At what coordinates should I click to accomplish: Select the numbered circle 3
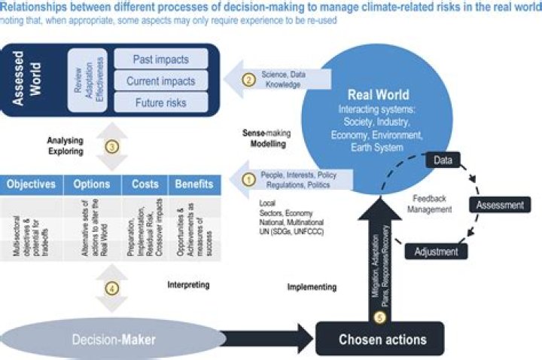click(x=111, y=147)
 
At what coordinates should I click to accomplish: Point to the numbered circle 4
click(x=111, y=288)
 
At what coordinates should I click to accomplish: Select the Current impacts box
click(x=160, y=81)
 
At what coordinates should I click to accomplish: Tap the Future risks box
click(x=160, y=102)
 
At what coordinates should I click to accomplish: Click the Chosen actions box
click(x=382, y=339)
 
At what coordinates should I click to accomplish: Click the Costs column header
click(x=145, y=184)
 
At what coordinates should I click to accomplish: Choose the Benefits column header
click(x=194, y=184)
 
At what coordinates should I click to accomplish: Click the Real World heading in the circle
click(x=378, y=96)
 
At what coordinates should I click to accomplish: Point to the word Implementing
click(x=312, y=287)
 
